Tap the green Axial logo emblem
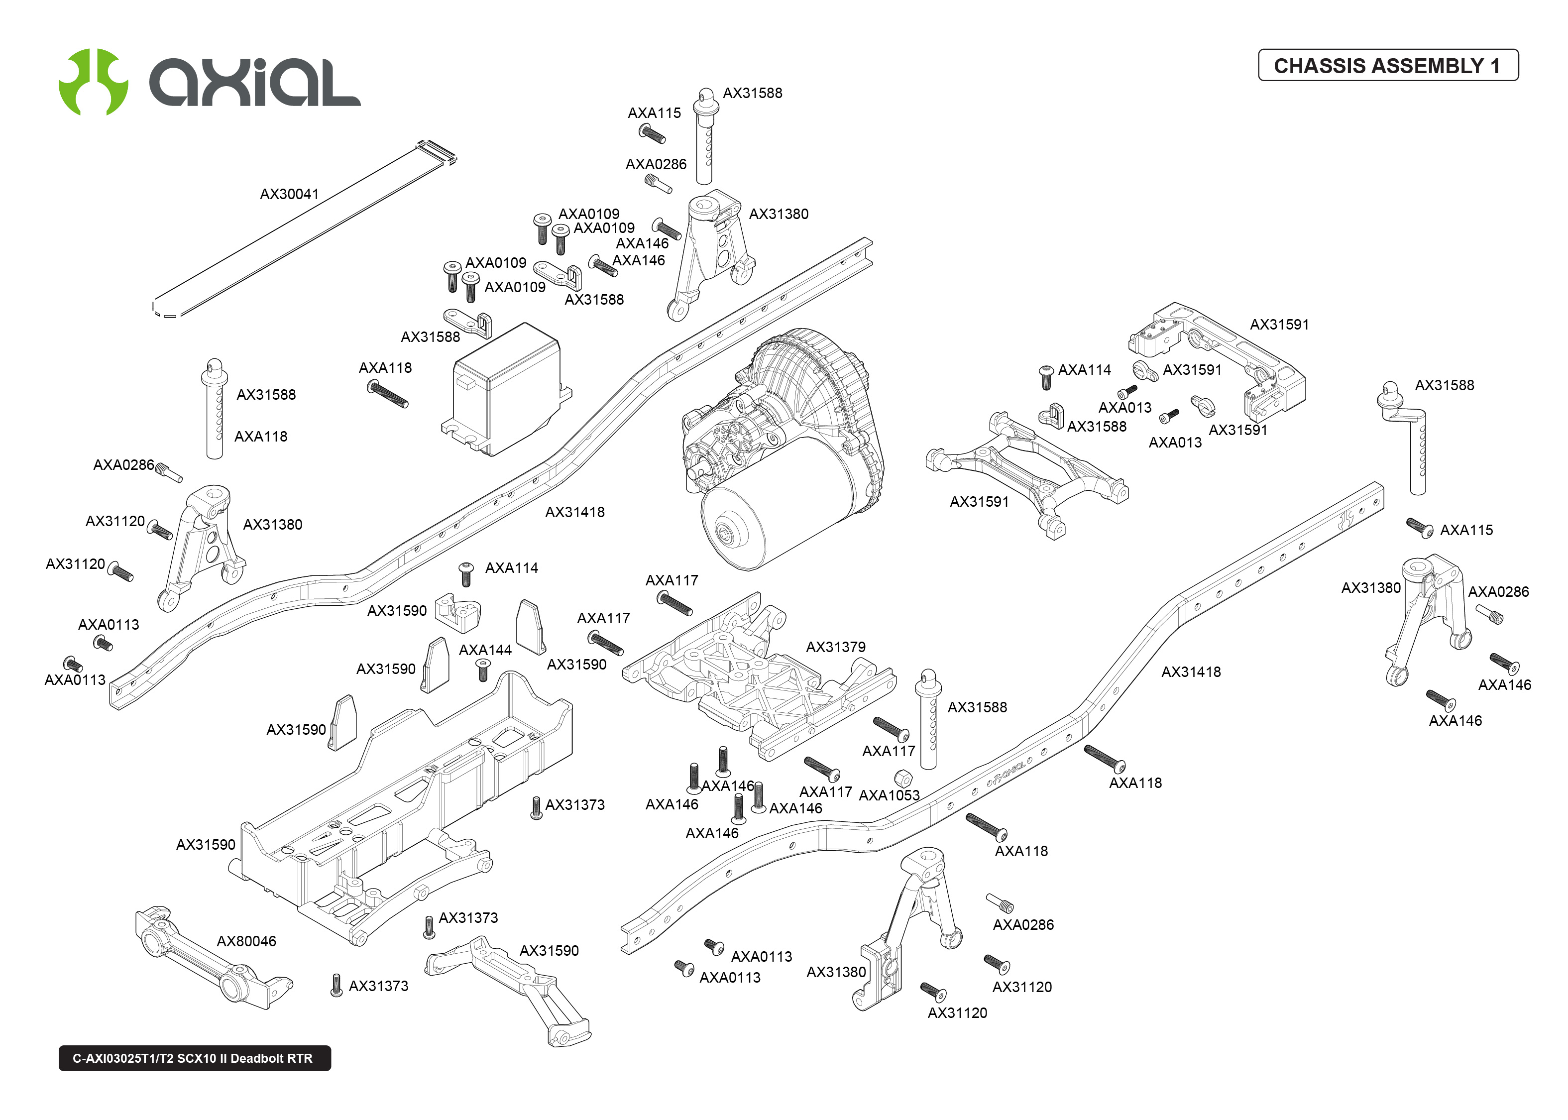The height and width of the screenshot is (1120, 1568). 93,81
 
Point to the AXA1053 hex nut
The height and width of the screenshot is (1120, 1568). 902,779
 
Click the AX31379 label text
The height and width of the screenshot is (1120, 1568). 835,647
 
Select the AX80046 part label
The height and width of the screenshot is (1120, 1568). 246,941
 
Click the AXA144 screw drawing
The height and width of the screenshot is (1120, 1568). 483,669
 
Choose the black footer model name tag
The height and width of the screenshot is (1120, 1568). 194,1058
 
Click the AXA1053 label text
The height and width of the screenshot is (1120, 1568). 889,795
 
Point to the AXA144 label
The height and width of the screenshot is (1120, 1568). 485,650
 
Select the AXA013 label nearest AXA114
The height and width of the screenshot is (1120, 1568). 1124,408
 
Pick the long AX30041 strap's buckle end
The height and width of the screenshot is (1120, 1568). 436,152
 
